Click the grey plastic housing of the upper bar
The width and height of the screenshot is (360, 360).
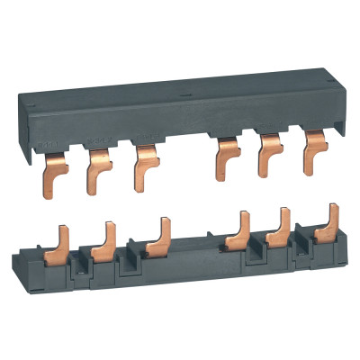tap(180, 117)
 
